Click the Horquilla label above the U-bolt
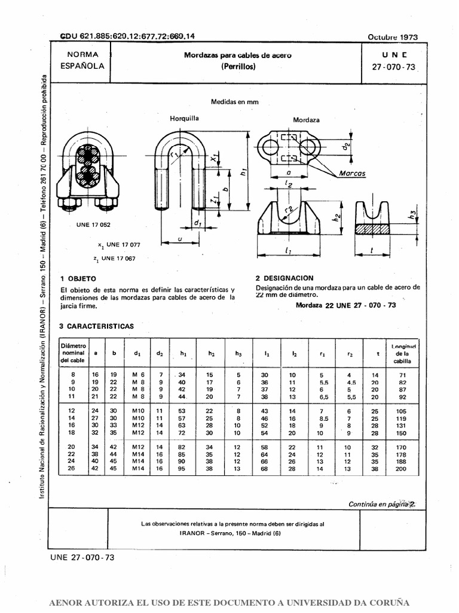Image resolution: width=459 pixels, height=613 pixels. [184, 118]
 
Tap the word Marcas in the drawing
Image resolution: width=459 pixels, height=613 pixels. [351, 173]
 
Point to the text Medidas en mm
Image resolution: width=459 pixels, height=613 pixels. [234, 102]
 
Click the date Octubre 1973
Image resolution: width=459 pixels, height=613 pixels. [393, 37]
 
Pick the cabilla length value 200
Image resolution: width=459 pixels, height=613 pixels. [400, 469]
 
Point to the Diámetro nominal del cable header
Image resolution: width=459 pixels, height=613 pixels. [74, 353]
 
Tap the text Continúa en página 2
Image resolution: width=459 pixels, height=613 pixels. [381, 505]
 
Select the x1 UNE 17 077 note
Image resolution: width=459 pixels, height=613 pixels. [119, 245]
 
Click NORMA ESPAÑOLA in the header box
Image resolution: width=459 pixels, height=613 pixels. [82, 60]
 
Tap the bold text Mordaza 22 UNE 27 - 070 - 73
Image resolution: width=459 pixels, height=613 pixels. [345, 305]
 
